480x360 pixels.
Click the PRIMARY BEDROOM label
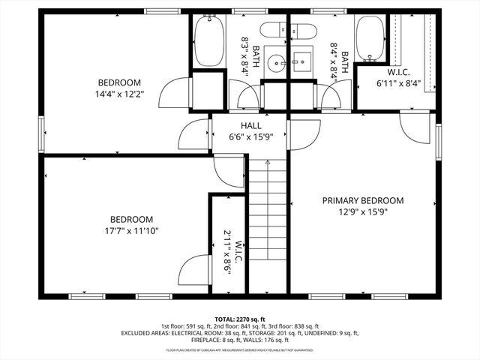pos(363,200)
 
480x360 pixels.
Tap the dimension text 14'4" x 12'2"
pos(119,94)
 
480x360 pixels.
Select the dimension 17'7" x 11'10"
pos(132,231)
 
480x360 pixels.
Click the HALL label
pos(250,125)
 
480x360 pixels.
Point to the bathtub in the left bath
pos(209,42)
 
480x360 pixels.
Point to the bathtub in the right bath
pos(370,39)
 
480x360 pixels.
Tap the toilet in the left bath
pos(273,31)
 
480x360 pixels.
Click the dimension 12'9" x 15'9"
pos(363,211)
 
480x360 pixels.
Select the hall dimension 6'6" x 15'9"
pos(250,136)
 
